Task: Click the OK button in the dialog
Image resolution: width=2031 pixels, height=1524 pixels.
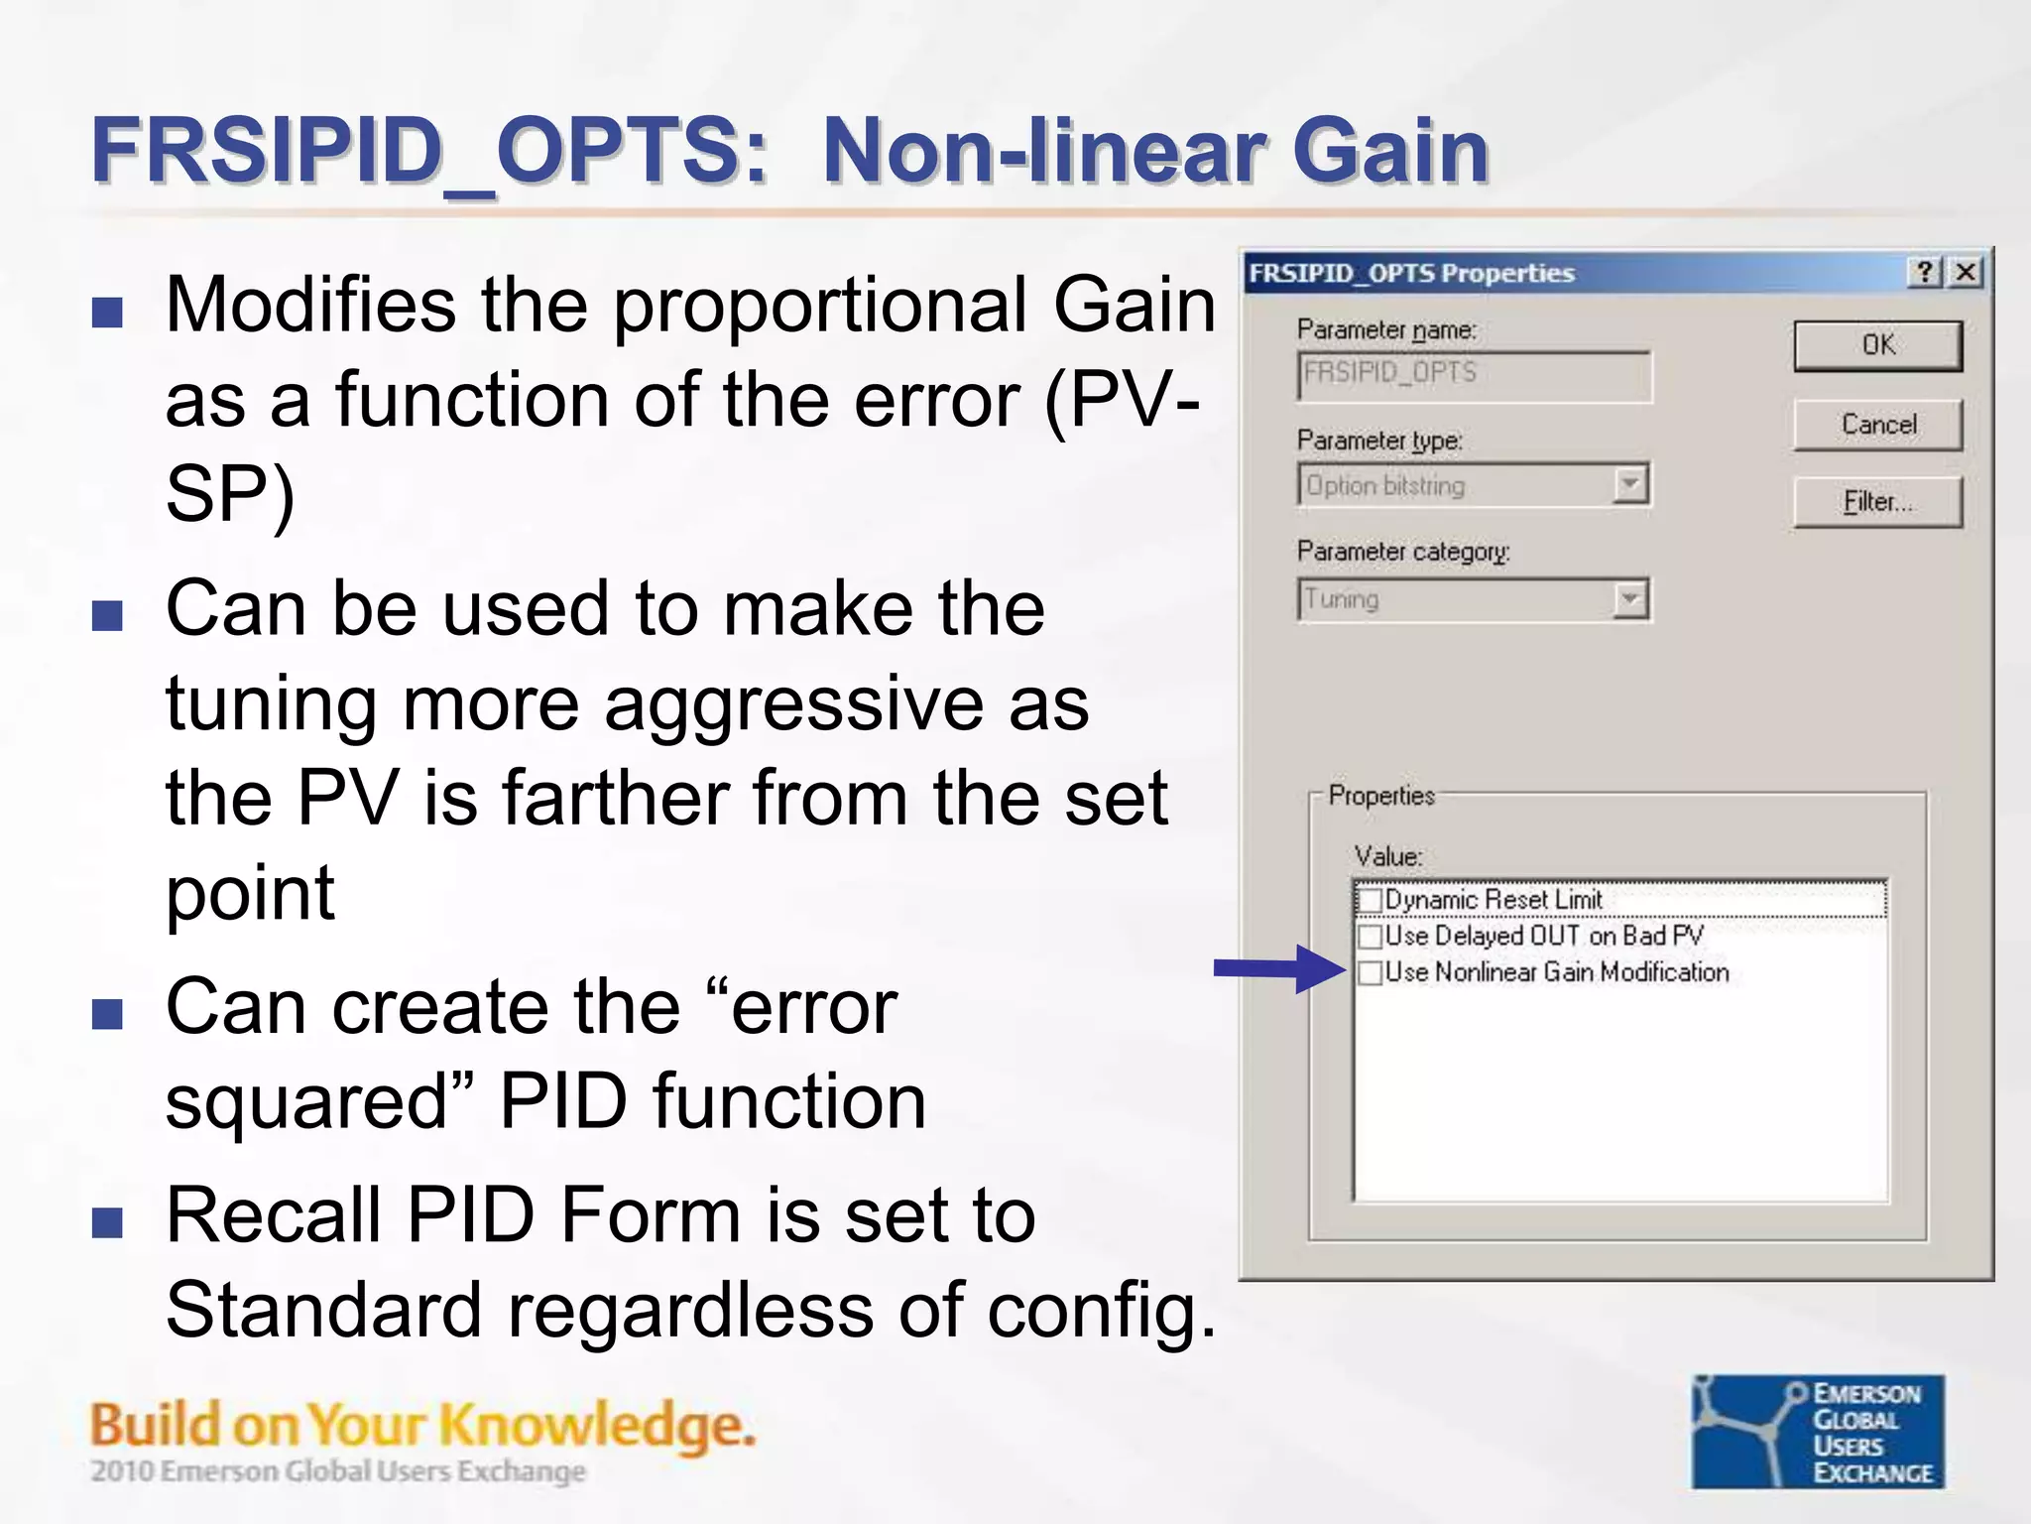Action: pos(1877,345)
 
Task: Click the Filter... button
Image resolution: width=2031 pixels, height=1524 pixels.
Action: pos(1877,502)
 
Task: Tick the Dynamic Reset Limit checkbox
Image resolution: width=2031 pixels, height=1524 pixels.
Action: pos(1371,900)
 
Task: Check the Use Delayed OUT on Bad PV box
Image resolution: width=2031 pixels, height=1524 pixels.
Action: pos(1371,936)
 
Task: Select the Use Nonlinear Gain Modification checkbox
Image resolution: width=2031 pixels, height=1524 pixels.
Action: pos(1371,972)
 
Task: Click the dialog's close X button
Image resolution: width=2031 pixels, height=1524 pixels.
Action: pos(1966,272)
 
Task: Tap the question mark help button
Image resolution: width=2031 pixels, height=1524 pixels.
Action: pos(1925,272)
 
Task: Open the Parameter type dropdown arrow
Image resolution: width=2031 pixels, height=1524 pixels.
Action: pos(1629,485)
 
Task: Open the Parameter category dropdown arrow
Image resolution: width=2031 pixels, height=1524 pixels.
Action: pos(1629,599)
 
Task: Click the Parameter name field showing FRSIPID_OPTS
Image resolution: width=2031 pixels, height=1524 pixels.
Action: pos(1474,375)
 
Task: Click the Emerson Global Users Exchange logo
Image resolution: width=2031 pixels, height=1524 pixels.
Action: pos(1818,1432)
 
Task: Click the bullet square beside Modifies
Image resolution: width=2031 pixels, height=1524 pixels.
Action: pos(107,313)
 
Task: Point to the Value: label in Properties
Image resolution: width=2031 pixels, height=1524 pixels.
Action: pos(1387,856)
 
